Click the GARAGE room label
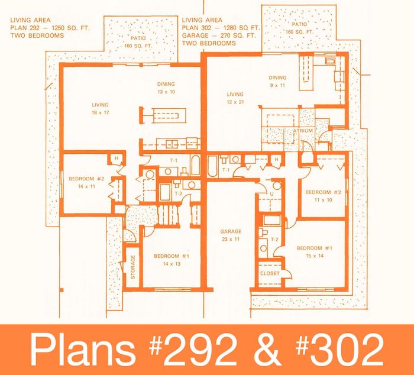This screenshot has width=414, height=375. [x=231, y=232]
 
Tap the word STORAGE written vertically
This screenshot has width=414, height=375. [x=133, y=267]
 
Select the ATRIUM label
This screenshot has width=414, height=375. [x=303, y=131]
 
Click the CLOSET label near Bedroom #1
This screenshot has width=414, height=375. [x=270, y=273]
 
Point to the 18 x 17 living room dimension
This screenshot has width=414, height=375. [x=101, y=112]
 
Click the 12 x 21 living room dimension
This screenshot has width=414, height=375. [x=235, y=102]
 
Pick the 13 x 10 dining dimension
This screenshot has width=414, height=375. [x=166, y=92]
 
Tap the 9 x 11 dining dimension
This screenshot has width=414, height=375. [x=277, y=85]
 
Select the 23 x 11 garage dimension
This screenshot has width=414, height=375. [x=231, y=240]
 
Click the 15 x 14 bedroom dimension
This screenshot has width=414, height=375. [x=315, y=256]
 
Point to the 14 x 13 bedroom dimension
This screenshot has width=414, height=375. [x=172, y=264]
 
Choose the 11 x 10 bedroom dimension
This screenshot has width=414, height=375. [x=323, y=200]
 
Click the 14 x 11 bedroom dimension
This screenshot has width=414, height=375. [x=86, y=186]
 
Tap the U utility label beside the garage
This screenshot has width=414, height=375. [x=271, y=194]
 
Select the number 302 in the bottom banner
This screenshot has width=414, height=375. [x=347, y=350]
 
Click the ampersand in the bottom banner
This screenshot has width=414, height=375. [x=267, y=350]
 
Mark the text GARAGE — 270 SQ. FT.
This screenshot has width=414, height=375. [x=219, y=35]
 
